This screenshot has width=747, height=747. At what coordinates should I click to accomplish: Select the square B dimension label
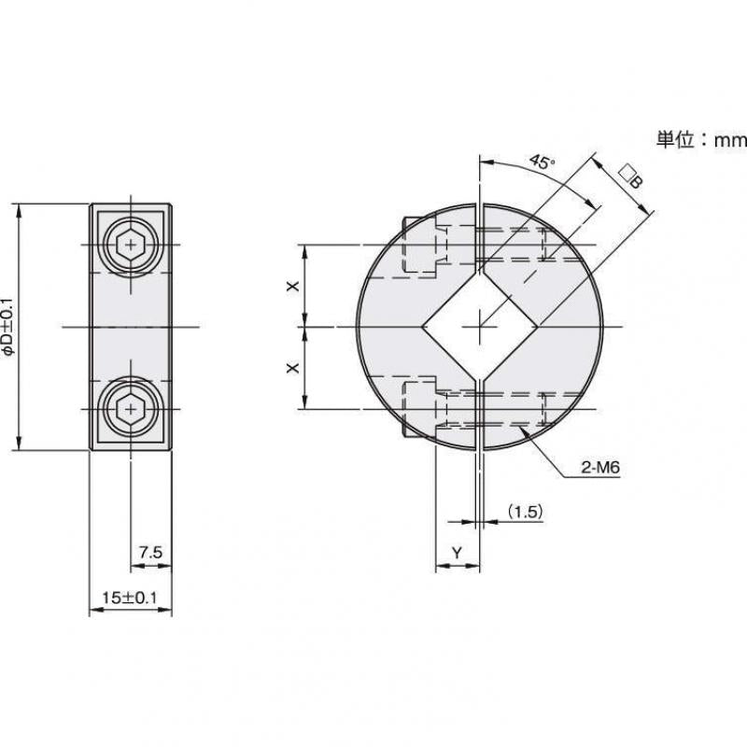[x=631, y=176]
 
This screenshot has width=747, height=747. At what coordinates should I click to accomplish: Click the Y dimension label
[x=457, y=554]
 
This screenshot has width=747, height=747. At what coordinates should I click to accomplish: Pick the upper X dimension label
[x=291, y=286]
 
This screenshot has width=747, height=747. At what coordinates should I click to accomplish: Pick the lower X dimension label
[x=291, y=368]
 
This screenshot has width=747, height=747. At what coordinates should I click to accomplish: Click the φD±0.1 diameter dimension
[x=8, y=327]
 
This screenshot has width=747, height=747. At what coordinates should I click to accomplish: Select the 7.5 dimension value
[x=150, y=553]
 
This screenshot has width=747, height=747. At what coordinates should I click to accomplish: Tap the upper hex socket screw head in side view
[x=131, y=247]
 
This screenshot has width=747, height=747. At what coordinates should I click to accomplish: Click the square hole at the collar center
[x=479, y=327]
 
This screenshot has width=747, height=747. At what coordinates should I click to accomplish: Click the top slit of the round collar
[x=479, y=229]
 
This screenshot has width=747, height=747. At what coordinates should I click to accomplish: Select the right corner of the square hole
[x=538, y=327]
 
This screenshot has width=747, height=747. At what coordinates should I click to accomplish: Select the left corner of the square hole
[x=421, y=327]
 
